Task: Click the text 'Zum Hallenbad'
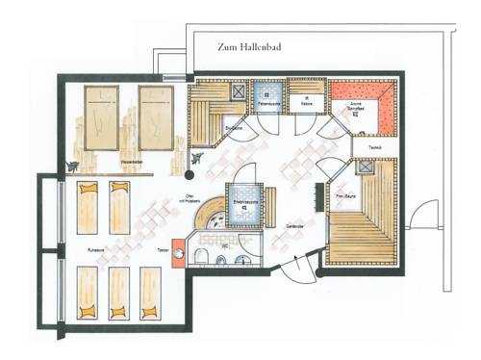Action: pyautogui.click(x=254, y=45)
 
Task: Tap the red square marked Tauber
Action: pyautogui.click(x=177, y=245)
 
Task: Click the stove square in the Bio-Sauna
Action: pyautogui.click(x=235, y=90)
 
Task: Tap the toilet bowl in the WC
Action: pyautogui.click(x=203, y=254)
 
